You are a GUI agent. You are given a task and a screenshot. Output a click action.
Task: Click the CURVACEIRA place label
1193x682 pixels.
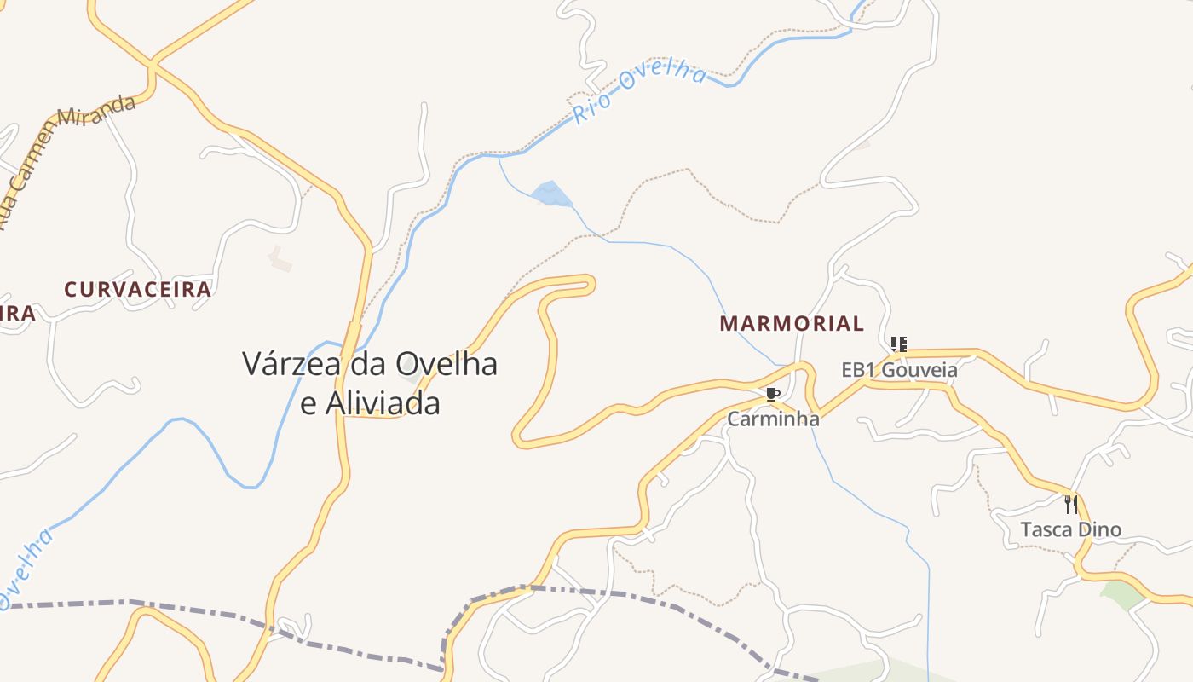click(137, 289)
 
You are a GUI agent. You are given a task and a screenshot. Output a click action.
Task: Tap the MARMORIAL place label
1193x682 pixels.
click(792, 324)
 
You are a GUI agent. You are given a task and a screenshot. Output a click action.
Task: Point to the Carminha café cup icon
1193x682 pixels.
click(772, 394)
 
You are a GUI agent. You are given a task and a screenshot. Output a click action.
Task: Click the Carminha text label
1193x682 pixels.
click(773, 419)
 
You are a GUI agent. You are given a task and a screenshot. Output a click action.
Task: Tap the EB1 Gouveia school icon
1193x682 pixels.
click(898, 344)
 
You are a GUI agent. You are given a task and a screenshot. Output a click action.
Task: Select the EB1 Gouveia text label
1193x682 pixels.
click(899, 370)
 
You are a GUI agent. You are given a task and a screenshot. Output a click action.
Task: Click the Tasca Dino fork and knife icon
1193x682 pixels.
click(1071, 504)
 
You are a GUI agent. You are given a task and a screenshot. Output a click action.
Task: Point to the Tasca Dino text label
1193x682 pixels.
click(1071, 529)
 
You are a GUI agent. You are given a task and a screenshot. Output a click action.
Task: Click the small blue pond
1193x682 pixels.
click(550, 194)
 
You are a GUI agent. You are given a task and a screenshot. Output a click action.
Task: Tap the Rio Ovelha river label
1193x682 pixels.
click(639, 93)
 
